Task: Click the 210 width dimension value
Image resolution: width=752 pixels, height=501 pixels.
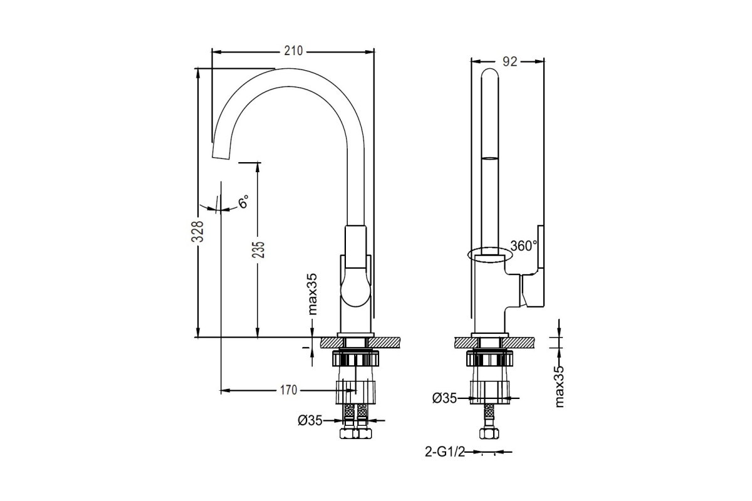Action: click(293, 51)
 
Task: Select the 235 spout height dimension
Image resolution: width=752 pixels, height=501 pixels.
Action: click(258, 250)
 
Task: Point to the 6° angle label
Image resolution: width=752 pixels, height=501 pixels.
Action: click(243, 202)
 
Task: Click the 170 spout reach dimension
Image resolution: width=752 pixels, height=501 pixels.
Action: click(289, 390)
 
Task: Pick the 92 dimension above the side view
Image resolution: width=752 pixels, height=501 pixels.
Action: click(509, 61)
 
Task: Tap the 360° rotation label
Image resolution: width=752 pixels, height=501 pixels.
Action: click(524, 246)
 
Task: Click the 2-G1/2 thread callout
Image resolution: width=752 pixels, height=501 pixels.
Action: click(445, 452)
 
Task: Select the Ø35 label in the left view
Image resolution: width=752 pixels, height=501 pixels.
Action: click(310, 420)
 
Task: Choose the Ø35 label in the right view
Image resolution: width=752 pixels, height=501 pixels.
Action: click(444, 398)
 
